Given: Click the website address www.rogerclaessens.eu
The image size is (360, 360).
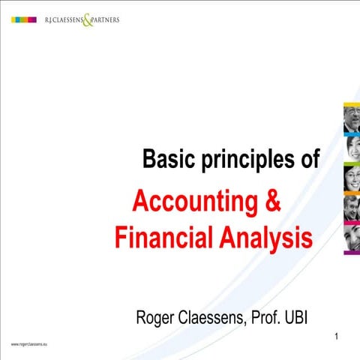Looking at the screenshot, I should (x=28, y=343).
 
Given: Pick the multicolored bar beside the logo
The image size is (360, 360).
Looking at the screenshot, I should (x=25, y=19).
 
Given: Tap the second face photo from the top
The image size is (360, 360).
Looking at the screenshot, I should (x=352, y=148).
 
